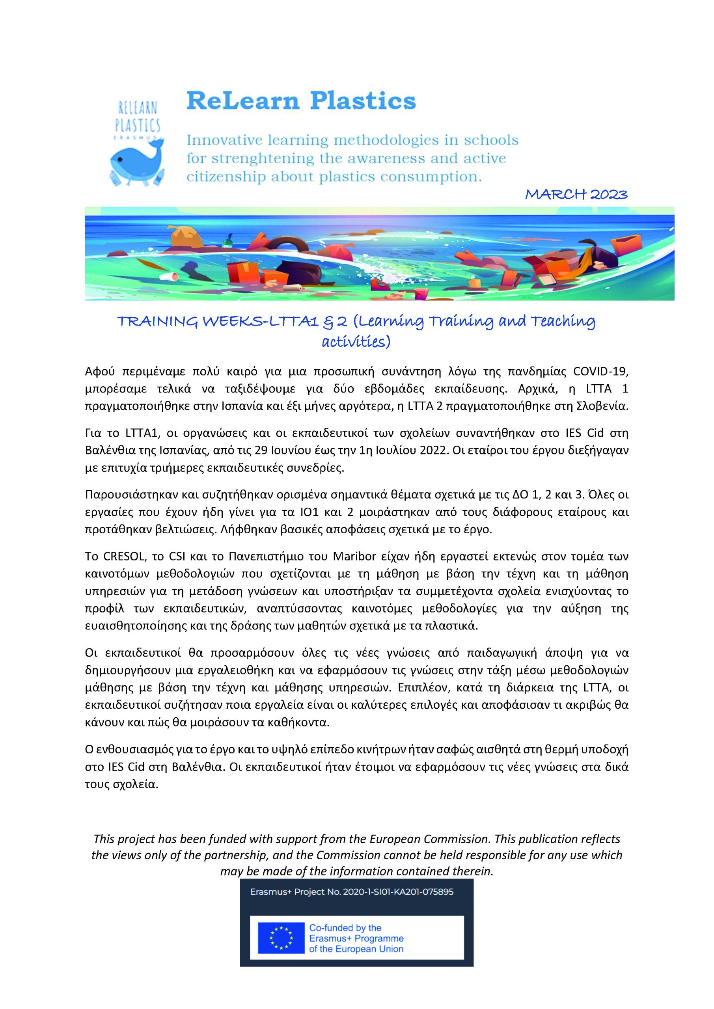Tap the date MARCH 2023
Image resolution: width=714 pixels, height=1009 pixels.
[576, 194]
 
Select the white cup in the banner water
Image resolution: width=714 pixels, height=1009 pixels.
[170, 276]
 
